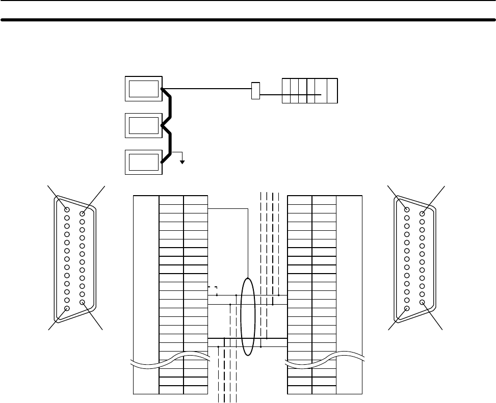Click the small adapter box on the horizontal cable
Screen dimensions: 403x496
tap(256, 90)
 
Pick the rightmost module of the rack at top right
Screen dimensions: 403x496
tap(332, 91)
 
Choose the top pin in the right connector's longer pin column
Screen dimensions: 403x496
tap(407, 209)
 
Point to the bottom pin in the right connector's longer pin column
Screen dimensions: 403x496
tap(407, 309)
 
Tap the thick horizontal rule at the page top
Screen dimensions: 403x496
tap(248, 21)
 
